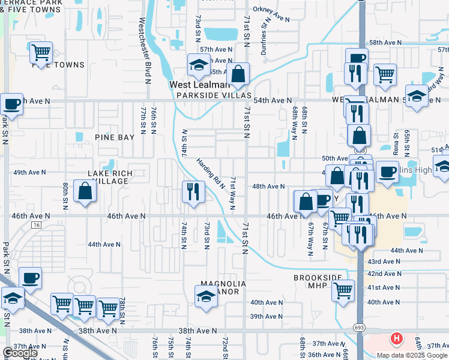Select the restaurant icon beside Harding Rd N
(193, 192)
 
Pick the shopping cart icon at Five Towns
(41, 53)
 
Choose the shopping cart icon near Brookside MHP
(343, 290)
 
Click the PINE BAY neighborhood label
(115, 137)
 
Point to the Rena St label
(396, 143)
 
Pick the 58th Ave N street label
(385, 43)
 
